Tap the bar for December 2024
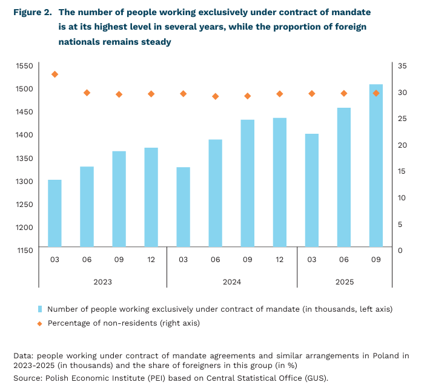point(279,182)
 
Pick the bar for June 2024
point(215,193)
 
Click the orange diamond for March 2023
point(55,74)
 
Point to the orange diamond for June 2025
point(344,93)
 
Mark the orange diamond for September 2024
point(247,96)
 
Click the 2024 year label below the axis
point(231,282)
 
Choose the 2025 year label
point(344,282)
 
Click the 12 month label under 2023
point(151,259)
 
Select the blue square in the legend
point(40,309)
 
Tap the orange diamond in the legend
point(40,323)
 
